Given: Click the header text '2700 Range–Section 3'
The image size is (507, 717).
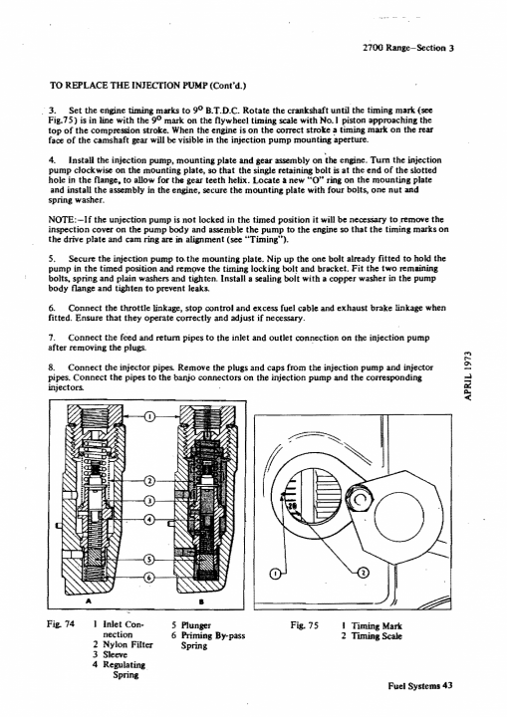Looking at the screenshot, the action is (x=407, y=48).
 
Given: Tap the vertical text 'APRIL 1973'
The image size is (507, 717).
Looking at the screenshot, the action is (x=467, y=375).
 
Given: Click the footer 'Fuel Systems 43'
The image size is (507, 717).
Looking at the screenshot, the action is (x=420, y=686).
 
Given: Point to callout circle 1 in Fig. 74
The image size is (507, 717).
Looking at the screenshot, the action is (x=150, y=416).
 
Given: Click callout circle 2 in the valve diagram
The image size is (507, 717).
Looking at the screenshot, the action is (x=149, y=481).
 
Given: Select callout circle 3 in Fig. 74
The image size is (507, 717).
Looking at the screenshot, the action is (x=149, y=500).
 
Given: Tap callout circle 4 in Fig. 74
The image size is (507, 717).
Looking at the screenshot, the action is (x=149, y=520).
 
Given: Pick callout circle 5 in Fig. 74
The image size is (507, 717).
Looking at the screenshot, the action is (x=149, y=560).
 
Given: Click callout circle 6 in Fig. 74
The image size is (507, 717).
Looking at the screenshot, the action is (x=149, y=578).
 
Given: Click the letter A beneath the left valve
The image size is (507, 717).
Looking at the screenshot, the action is (x=88, y=600).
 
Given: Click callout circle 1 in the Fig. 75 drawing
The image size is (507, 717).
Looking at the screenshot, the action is (x=275, y=573).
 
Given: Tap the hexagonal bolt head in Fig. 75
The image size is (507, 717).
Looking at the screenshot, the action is (x=360, y=501).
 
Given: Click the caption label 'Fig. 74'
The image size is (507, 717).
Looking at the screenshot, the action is (x=61, y=624).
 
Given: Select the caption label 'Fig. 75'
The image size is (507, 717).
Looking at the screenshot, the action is (x=304, y=625).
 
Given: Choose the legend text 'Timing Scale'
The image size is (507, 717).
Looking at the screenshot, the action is (x=377, y=636).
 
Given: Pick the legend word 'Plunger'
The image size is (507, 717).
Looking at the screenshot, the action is (x=196, y=625).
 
